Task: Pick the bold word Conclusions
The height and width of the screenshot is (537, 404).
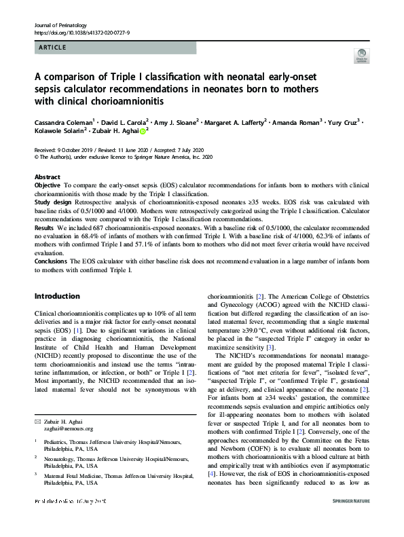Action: pyautogui.click(x=51, y=261)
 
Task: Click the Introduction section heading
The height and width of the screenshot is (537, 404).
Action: pyautogui.click(x=56, y=296)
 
